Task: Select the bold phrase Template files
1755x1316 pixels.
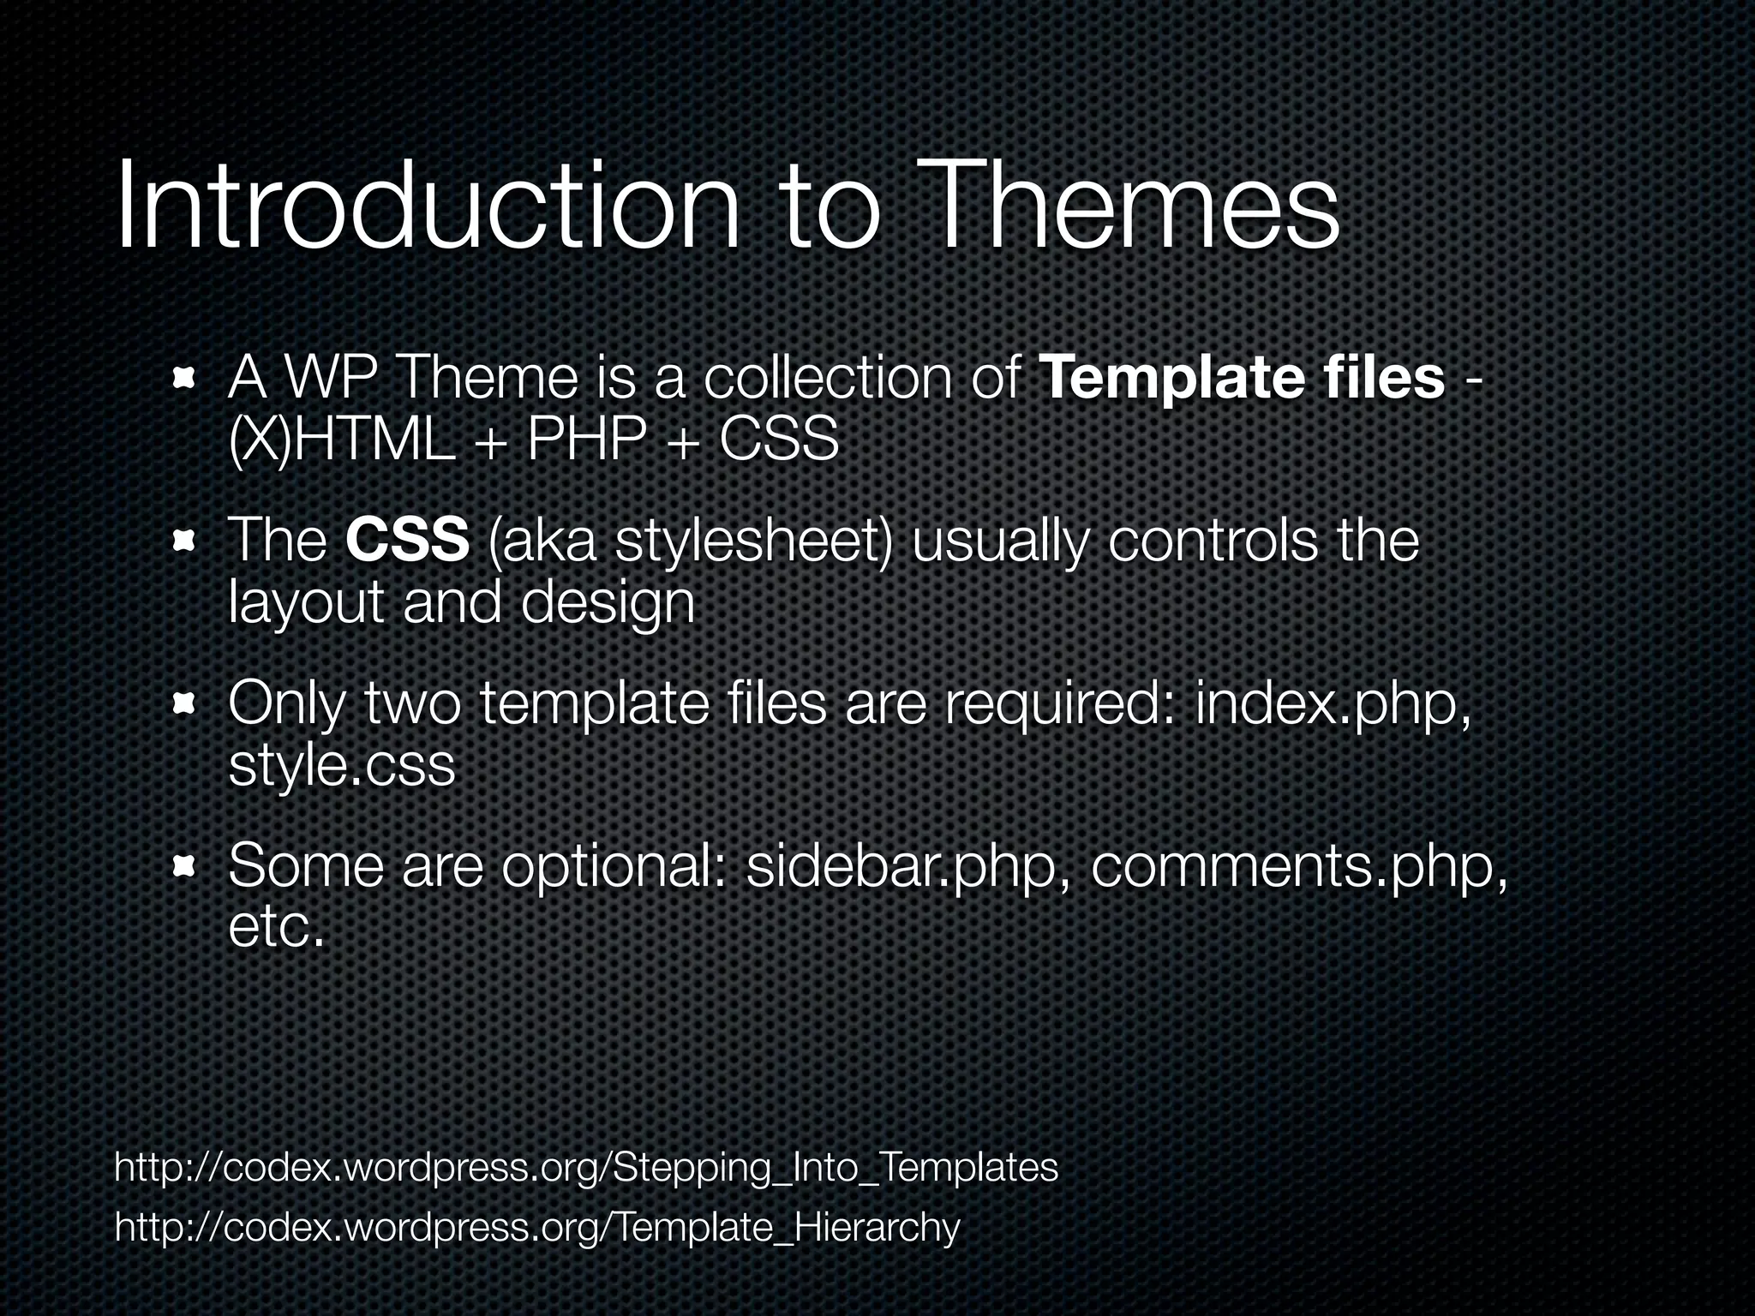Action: pyautogui.click(x=1242, y=378)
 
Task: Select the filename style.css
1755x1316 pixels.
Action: pyautogui.click(x=341, y=766)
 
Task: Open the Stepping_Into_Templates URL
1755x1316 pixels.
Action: pyautogui.click(x=586, y=1168)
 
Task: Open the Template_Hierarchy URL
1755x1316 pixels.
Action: pyautogui.click(x=537, y=1228)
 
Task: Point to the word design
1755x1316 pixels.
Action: pyautogui.click(x=608, y=603)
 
